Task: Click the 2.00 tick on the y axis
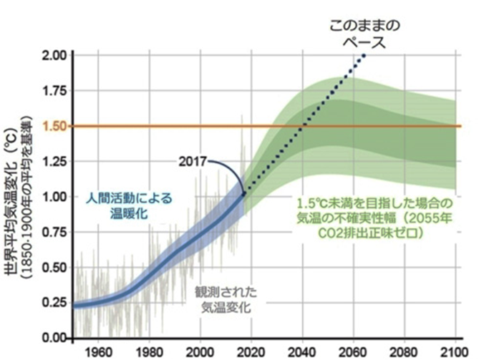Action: click(55, 56)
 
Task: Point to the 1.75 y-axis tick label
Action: click(55, 91)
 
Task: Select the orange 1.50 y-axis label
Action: click(55, 126)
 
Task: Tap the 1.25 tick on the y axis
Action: click(55, 161)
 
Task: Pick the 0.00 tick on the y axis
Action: click(55, 337)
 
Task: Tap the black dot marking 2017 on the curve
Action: click(244, 193)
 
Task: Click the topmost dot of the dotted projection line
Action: click(364, 56)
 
